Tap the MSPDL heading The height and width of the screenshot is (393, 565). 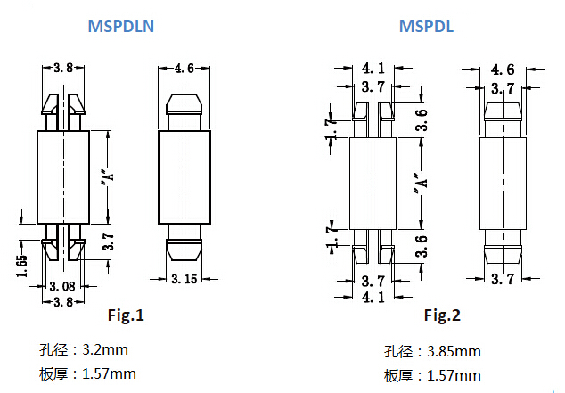426,27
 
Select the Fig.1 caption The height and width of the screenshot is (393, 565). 125,315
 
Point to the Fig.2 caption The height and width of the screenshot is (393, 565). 442,315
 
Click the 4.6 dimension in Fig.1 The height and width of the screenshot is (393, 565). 184,68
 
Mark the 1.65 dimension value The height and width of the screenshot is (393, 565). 22,266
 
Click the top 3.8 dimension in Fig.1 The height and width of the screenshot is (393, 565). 63,68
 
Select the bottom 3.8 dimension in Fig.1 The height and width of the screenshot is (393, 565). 62,301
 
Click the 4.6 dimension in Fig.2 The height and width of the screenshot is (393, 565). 503,70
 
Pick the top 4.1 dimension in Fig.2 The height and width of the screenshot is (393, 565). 373,69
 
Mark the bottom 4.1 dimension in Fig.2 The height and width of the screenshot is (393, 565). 373,298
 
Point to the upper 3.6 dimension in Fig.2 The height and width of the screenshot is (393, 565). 422,119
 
